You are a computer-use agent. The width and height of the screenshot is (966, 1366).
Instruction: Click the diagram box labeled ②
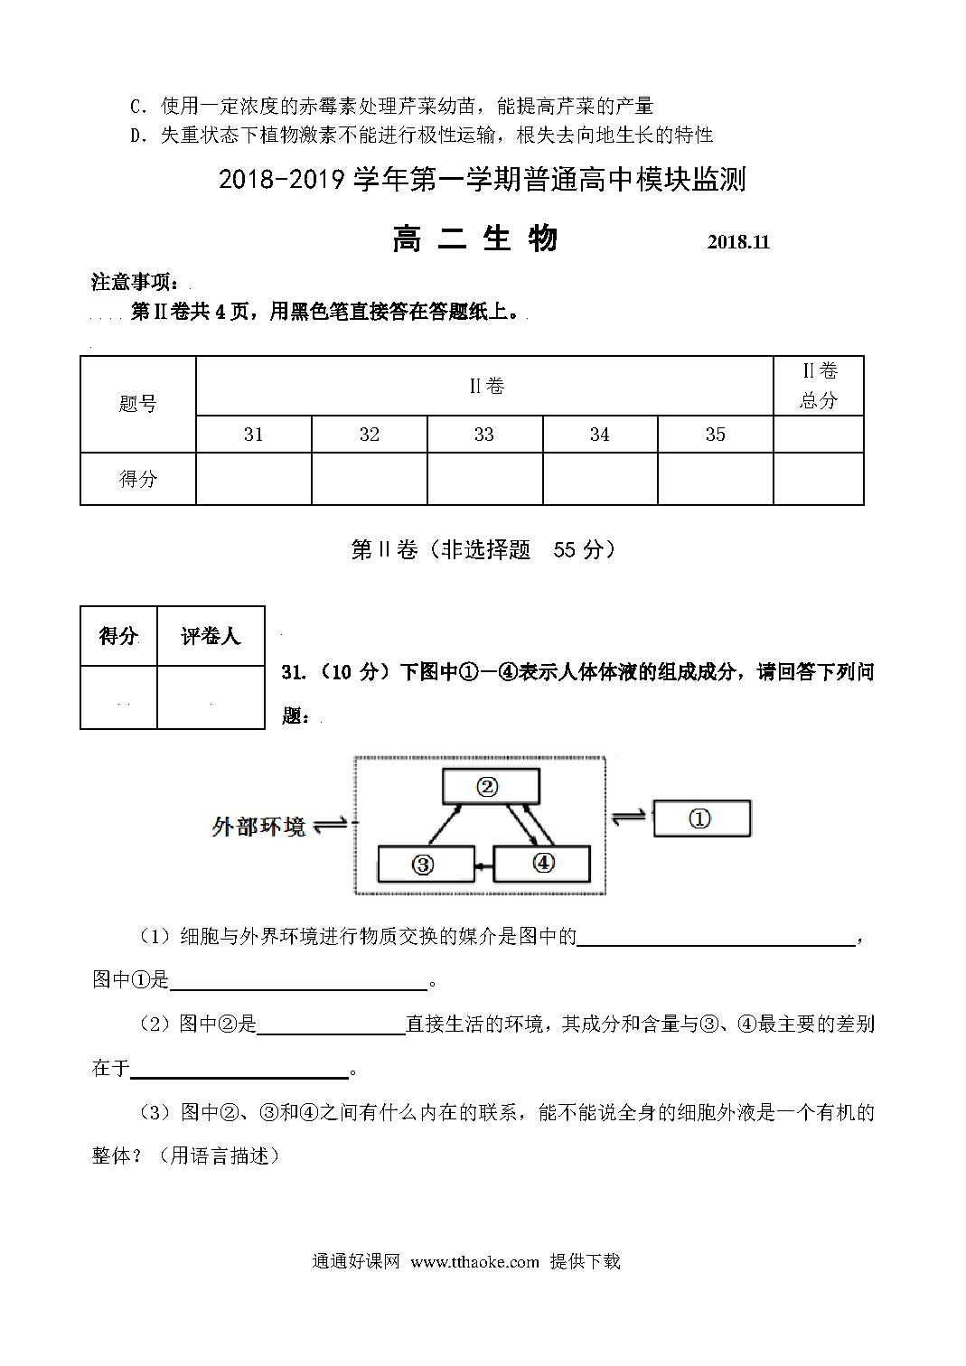tap(491, 786)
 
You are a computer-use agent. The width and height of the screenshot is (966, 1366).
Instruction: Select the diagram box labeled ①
tap(701, 819)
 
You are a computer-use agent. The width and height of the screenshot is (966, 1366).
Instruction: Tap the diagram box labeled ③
tap(425, 865)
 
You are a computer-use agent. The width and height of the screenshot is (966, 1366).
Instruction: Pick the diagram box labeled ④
tap(542, 864)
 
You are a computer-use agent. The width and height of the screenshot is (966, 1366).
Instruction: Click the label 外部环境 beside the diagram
tap(258, 827)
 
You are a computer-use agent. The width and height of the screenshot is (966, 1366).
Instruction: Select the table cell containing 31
tap(254, 435)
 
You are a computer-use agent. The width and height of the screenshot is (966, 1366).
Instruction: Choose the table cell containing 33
tap(484, 435)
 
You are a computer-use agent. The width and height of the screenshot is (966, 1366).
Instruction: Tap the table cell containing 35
tap(715, 435)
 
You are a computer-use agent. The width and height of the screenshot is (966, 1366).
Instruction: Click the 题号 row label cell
tap(138, 404)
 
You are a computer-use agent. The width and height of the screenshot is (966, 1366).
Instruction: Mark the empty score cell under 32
tap(369, 478)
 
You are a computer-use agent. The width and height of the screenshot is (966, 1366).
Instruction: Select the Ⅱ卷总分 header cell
tap(819, 386)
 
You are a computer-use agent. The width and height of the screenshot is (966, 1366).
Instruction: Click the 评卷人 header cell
tap(211, 636)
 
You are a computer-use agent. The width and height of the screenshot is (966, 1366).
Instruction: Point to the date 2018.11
tap(738, 242)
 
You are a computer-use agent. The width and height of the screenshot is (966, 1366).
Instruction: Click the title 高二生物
tap(475, 239)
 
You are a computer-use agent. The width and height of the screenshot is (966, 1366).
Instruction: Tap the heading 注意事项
tap(141, 282)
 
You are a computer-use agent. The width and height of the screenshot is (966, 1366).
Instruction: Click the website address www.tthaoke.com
tap(474, 1261)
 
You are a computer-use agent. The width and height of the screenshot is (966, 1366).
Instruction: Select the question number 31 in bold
tap(291, 672)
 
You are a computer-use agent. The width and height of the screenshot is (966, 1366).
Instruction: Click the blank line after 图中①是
tap(298, 981)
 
